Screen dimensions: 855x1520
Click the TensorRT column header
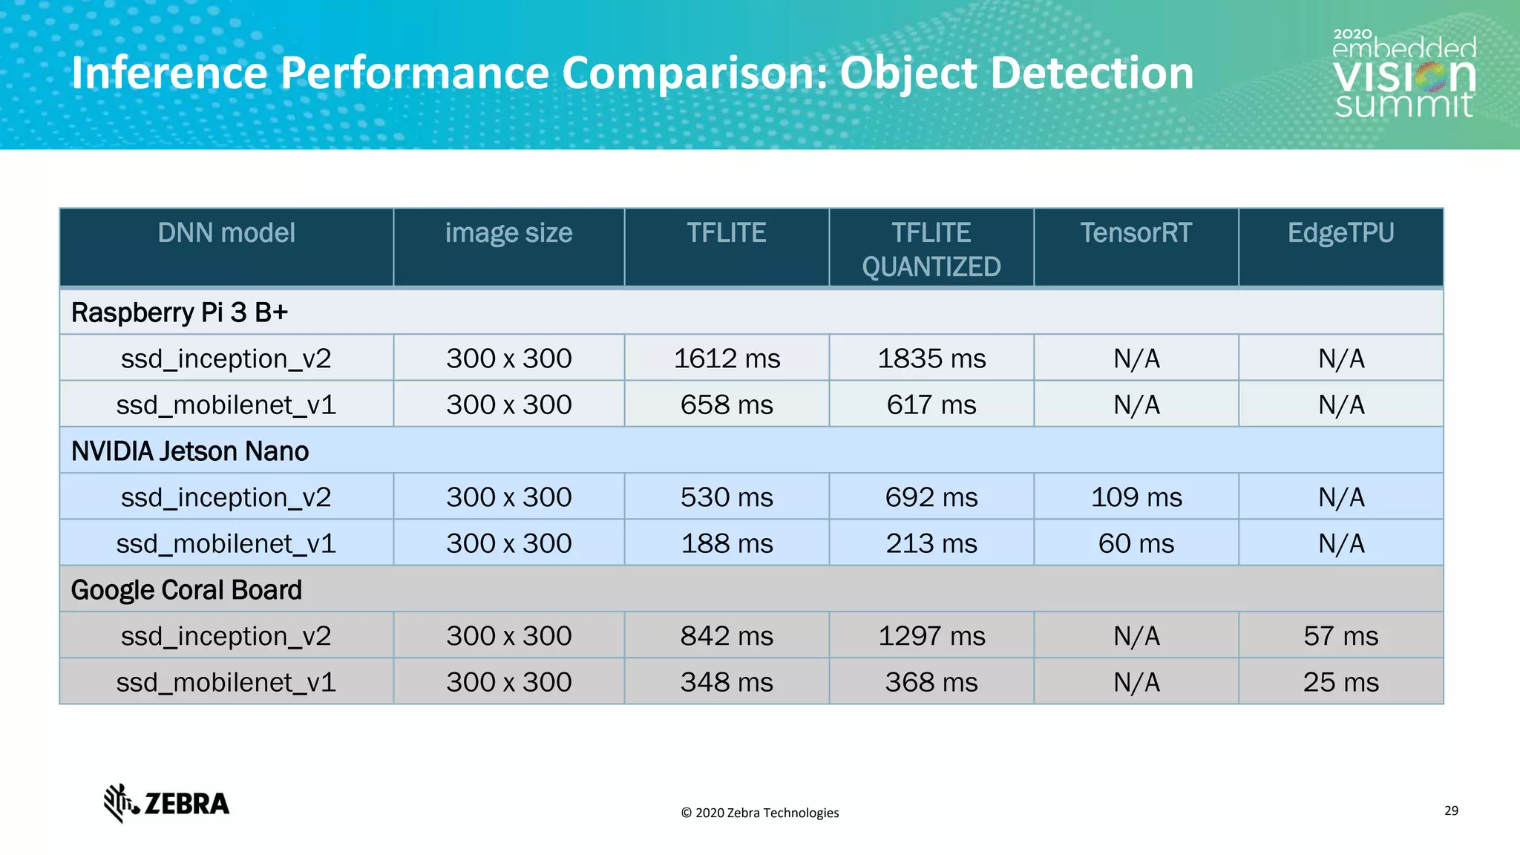click(1136, 233)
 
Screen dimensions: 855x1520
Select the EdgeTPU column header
click(1340, 233)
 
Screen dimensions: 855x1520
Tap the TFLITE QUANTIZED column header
click(931, 249)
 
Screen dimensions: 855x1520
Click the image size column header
click(508, 233)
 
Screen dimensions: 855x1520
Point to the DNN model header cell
click(226, 233)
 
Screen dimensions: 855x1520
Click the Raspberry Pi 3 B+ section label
click(180, 312)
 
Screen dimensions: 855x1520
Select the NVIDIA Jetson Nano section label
click(190, 451)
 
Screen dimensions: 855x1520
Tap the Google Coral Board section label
click(186, 590)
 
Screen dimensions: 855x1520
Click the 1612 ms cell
click(727, 358)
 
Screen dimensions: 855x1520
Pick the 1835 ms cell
click(931, 358)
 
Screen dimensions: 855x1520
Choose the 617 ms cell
click(931, 404)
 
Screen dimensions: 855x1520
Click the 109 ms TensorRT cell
click(1136, 497)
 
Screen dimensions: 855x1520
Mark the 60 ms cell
click(1136, 543)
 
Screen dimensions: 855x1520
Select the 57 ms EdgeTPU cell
click(1340, 636)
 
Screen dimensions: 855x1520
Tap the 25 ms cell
click(1340, 682)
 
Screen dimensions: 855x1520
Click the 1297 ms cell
click(931, 636)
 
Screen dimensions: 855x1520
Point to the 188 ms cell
click(727, 543)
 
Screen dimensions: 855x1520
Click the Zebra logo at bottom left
click(166, 803)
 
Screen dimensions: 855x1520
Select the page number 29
click(1451, 810)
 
